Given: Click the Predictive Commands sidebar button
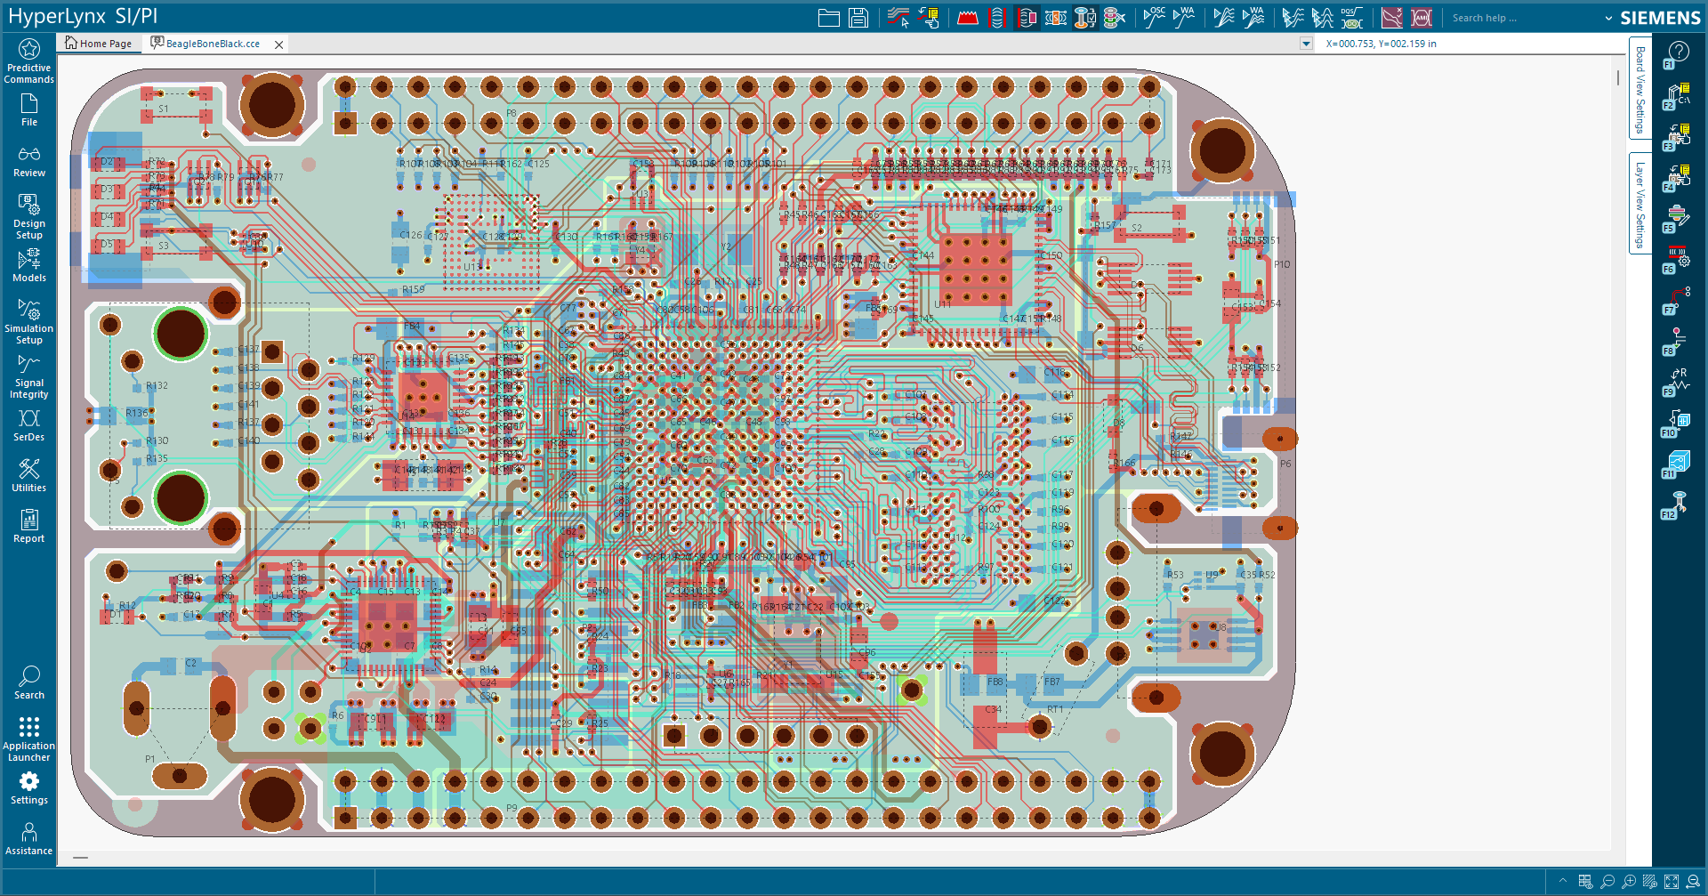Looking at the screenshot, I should [x=28, y=61].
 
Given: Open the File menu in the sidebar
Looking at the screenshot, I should [x=28, y=110].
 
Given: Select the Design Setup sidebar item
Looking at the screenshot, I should [x=28, y=216].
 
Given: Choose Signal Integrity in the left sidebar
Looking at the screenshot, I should [x=28, y=376].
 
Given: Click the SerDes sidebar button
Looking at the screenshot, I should [x=28, y=424].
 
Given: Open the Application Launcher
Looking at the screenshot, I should [x=28, y=739].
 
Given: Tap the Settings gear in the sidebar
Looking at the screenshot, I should [x=28, y=787].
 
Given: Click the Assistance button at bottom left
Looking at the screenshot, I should [x=28, y=838].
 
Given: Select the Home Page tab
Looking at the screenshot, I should [x=99, y=44].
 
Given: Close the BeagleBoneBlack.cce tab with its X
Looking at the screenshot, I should [x=279, y=44].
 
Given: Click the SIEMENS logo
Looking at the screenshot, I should [x=1660, y=18].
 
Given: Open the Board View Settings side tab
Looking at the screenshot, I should [x=1640, y=89].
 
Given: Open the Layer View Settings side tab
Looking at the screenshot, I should [x=1640, y=205].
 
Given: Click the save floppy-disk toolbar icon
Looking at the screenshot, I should [x=858, y=18].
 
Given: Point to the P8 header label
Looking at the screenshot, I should [x=512, y=114].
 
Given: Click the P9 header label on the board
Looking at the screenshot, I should [x=512, y=808].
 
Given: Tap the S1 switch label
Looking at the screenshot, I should [x=164, y=109].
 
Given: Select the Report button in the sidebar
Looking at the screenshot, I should [x=28, y=525].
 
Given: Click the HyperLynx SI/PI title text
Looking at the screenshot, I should [x=83, y=17].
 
